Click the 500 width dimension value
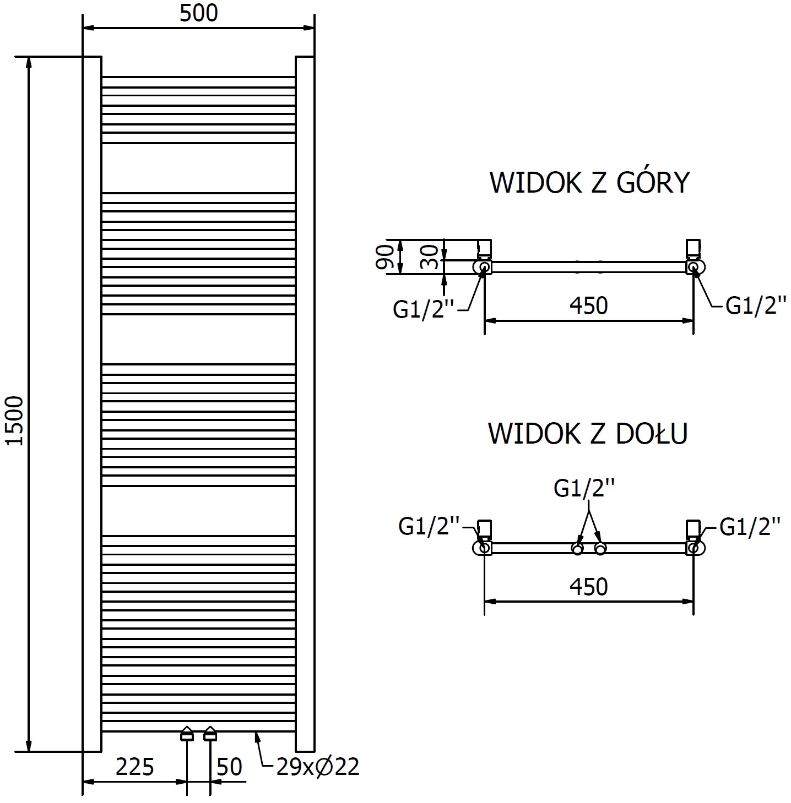pyautogui.click(x=199, y=13)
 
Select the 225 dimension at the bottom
pyautogui.click(x=134, y=766)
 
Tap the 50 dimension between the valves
pyautogui.click(x=229, y=766)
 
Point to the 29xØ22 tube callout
pyautogui.click(x=318, y=766)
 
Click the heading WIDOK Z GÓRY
pyautogui.click(x=589, y=183)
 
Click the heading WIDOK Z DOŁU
pyautogui.click(x=588, y=434)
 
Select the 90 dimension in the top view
pyautogui.click(x=386, y=256)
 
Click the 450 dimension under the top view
pyautogui.click(x=589, y=305)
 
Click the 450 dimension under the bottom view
pyautogui.click(x=589, y=587)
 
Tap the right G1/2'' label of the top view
pyautogui.click(x=755, y=305)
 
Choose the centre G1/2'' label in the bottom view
pyautogui.click(x=584, y=488)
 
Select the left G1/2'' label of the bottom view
pyautogui.click(x=429, y=527)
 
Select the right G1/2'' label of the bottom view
pyautogui.click(x=750, y=527)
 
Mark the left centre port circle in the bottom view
pyautogui.click(x=577, y=549)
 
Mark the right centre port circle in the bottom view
pyautogui.click(x=600, y=549)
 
